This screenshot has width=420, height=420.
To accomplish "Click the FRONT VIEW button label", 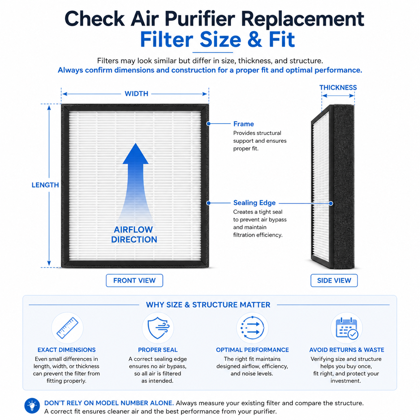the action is click(134, 280).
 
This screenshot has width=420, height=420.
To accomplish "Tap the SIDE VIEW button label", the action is click(334, 280).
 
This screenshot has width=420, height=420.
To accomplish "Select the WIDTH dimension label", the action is click(136, 94).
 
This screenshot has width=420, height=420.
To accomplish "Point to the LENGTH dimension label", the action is click(45, 185).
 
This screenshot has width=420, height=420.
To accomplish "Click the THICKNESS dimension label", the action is click(338, 87).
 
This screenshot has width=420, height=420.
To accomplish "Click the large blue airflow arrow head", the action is click(135, 153).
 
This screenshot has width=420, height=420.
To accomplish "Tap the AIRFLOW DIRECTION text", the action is click(134, 234).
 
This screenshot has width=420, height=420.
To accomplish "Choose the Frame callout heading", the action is click(243, 124).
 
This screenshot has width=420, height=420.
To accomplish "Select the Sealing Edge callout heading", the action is click(254, 203).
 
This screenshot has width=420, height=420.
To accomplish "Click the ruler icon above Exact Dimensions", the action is click(67, 328).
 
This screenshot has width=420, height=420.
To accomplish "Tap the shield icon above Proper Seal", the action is click(158, 328).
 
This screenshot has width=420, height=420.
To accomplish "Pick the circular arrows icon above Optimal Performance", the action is click(252, 328).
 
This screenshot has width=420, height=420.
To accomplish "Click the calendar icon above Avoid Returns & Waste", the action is click(347, 328).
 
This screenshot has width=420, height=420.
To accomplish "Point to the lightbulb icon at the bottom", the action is click(32, 406).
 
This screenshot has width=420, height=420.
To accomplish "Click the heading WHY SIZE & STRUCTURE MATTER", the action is click(208, 305).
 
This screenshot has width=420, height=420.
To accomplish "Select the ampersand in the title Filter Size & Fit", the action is click(255, 40).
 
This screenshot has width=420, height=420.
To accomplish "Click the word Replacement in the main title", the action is click(302, 19).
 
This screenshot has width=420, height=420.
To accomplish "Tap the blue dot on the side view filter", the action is click(331, 203).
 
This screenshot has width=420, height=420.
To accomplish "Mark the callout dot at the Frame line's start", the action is click(208, 124).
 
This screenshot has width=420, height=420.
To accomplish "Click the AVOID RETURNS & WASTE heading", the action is click(347, 350).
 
